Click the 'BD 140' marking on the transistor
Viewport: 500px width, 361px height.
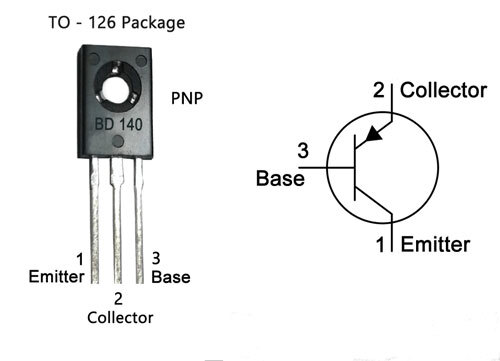[x=116, y=128]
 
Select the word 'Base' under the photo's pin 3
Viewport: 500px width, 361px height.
[x=171, y=277]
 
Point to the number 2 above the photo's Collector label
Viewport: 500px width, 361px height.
[x=118, y=298]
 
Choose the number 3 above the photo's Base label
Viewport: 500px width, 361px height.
[x=156, y=259]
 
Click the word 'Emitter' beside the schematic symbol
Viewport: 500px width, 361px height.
[x=435, y=243]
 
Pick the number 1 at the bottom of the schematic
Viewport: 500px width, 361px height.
[x=380, y=243]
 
